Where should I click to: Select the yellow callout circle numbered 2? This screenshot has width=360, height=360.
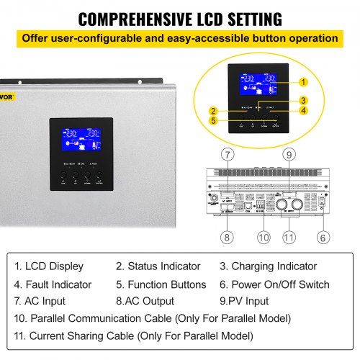tap(214, 111)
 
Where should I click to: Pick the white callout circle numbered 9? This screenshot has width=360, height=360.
tap(289, 154)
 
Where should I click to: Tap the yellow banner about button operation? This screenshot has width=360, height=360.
tap(179, 37)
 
